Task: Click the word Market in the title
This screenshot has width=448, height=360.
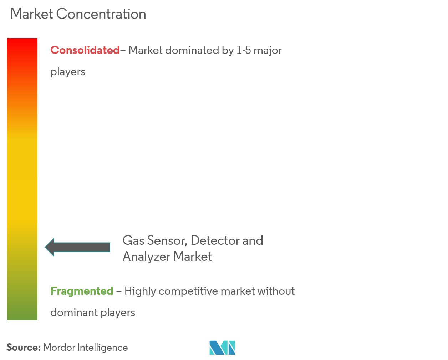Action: [31, 14]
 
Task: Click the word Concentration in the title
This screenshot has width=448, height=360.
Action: [101, 14]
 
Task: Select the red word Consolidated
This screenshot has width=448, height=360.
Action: [85, 50]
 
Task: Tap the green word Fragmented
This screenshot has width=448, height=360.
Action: [82, 291]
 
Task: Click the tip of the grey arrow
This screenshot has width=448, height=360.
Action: [46, 247]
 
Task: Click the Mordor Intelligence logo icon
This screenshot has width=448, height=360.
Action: [222, 348]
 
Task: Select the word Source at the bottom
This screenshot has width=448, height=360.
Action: [23, 348]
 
